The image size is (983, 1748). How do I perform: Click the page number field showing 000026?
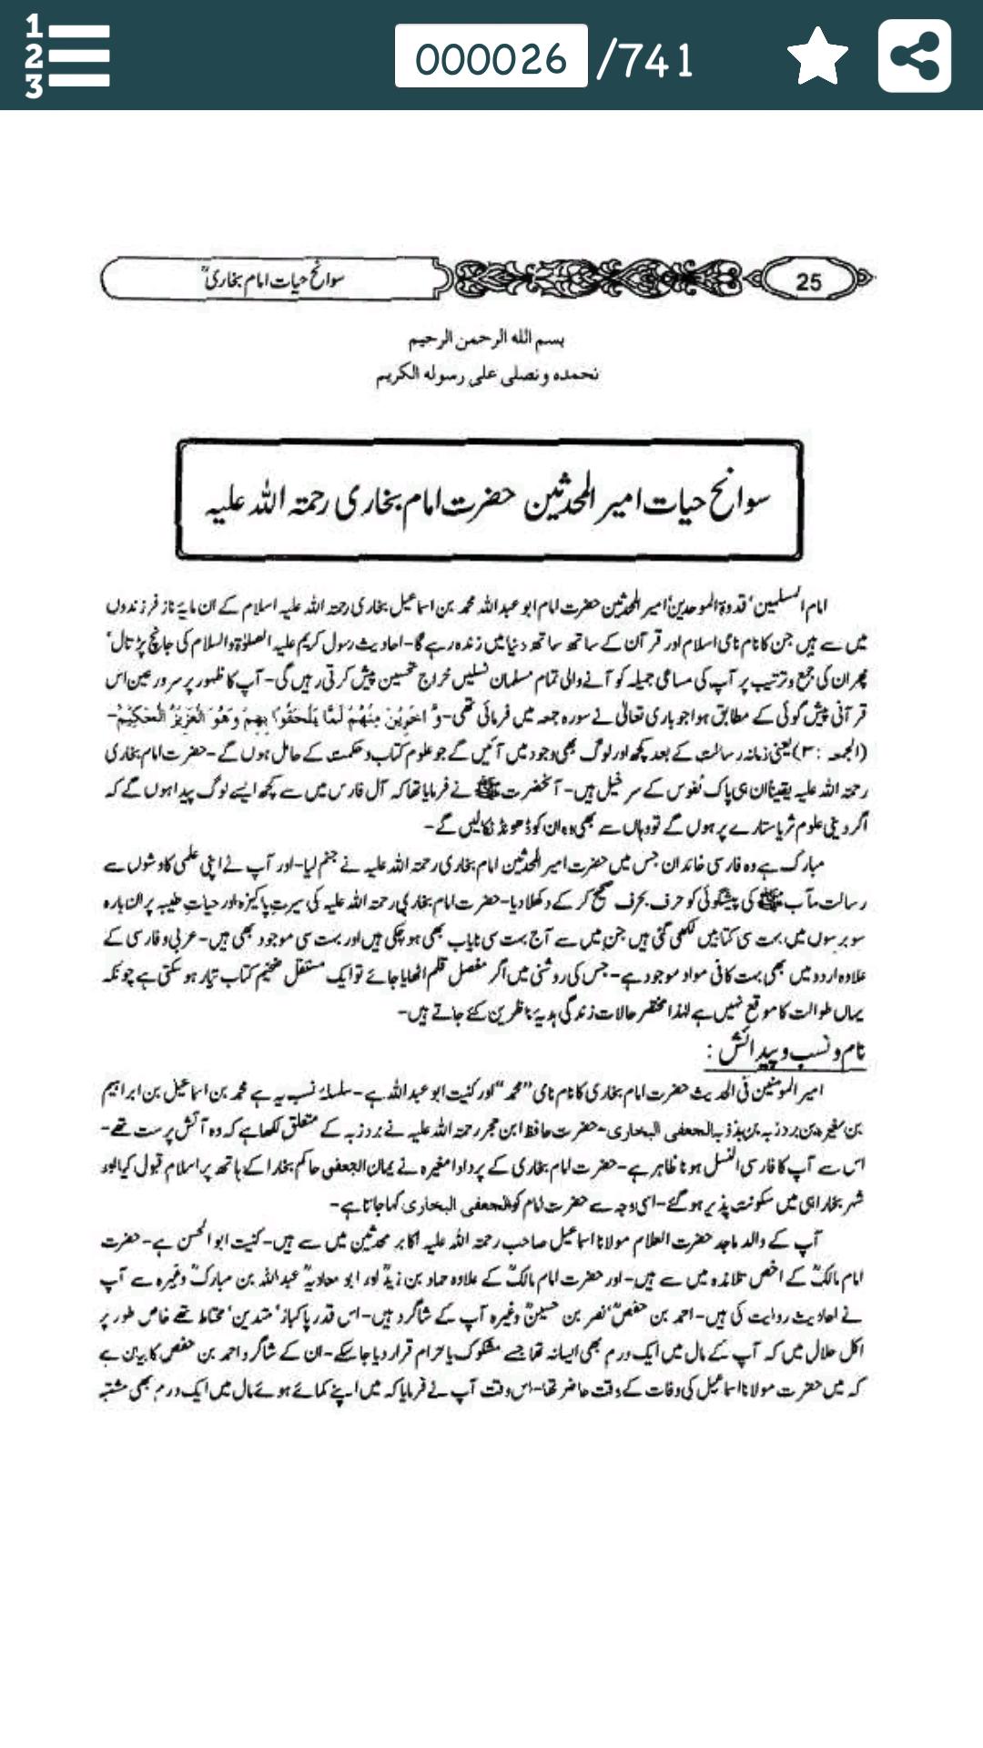491,56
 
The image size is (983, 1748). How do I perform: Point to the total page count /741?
647,60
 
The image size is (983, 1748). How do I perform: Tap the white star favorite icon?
817,56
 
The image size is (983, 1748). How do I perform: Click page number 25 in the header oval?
808,281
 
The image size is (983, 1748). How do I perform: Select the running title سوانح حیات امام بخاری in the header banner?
273,279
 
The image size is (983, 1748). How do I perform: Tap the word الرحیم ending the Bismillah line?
427,340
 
